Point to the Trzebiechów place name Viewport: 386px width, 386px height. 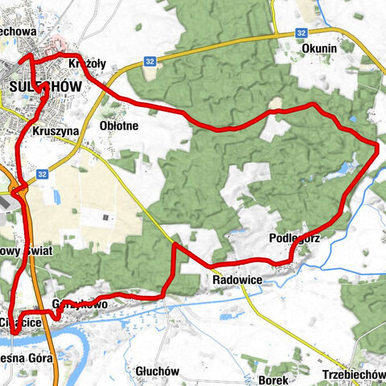coord(354,376)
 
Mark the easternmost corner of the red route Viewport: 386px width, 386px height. coord(377,144)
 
